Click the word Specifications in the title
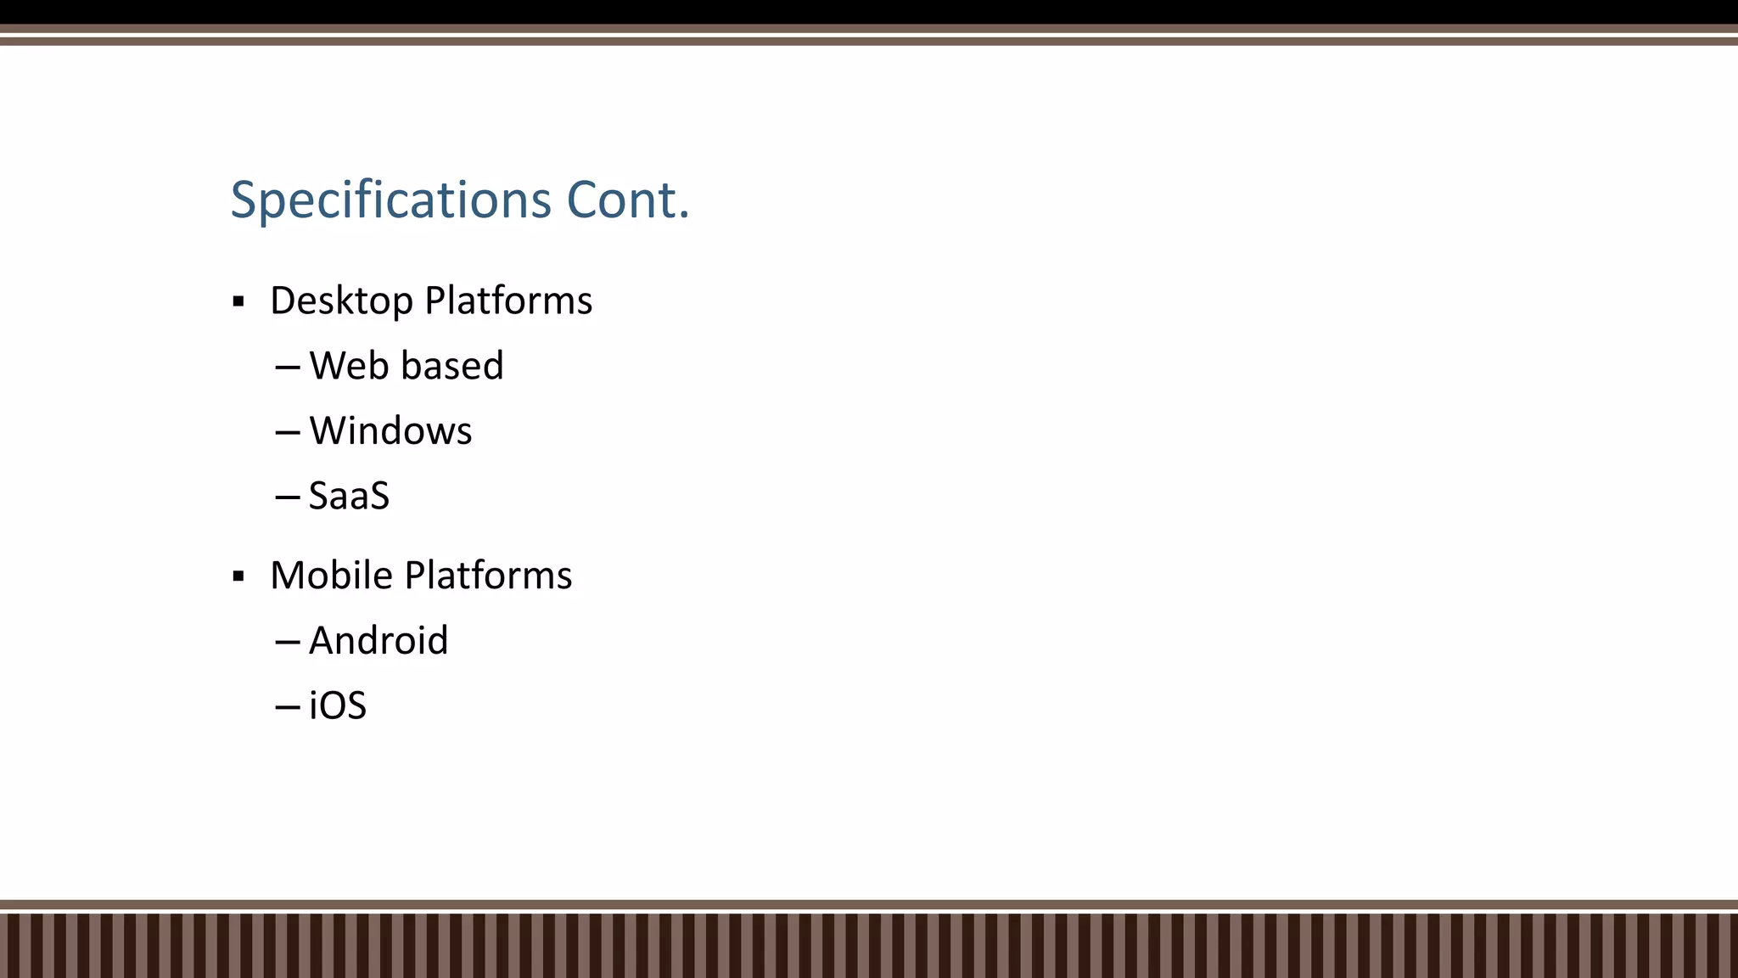tap(391, 201)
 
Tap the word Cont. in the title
tap(627, 200)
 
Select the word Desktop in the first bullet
tap(341, 301)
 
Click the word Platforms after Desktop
tap(508, 301)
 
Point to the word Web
tap(349, 366)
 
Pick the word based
tap(452, 366)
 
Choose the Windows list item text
tap(390, 431)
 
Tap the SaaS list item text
tap(349, 497)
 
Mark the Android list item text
tap(378, 641)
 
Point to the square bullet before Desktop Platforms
tap(238, 301)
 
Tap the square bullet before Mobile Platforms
tap(238, 576)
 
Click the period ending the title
tap(684, 216)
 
